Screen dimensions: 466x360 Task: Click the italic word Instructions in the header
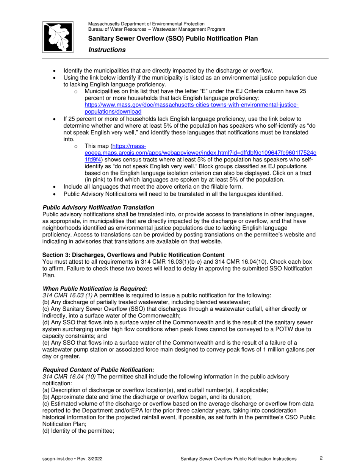pyautogui.click(x=107, y=50)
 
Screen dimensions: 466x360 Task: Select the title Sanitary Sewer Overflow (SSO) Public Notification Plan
pyautogui.click(x=173, y=39)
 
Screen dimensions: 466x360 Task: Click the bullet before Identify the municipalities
pyautogui.click(x=56, y=71)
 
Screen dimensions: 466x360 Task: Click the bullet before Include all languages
pyautogui.click(x=56, y=186)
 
